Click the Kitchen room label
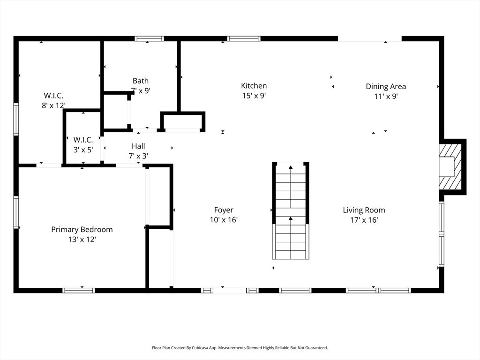254,86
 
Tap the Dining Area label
385,86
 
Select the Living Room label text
364,210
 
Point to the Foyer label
224,210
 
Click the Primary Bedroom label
82,230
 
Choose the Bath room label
140,81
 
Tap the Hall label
138,146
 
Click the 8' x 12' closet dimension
53,105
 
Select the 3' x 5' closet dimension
83,150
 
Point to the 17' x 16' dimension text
364,220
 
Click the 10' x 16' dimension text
224,220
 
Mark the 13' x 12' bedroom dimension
82,240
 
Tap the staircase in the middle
291,211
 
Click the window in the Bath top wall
149,38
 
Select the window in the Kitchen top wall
244,38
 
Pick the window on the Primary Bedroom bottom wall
79,290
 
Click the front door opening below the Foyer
230,290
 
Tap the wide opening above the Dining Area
370,39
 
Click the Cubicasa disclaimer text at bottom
240,348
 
